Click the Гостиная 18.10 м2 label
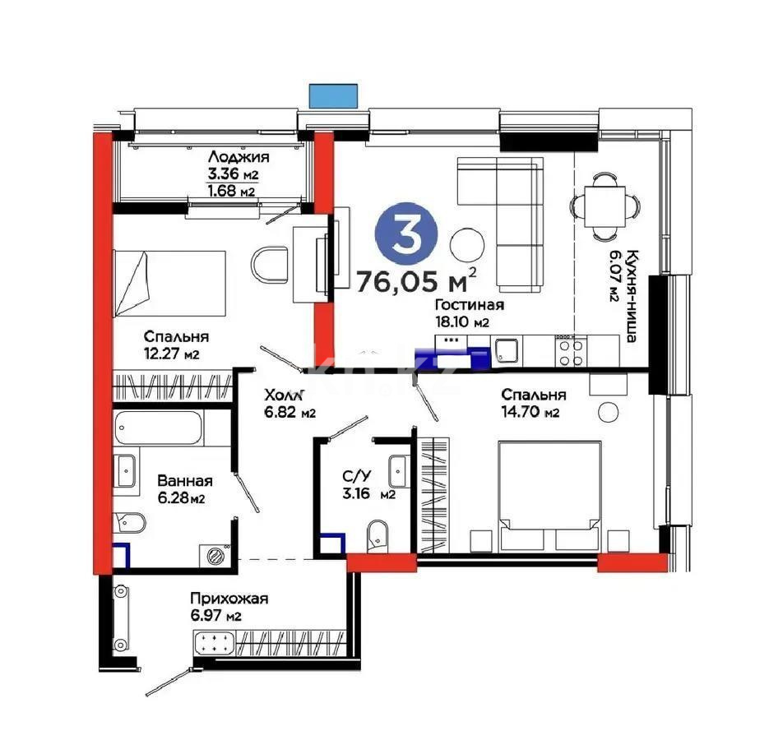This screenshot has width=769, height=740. tap(469, 312)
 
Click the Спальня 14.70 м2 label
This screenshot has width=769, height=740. tap(530, 403)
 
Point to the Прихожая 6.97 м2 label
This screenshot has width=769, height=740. tap(217, 607)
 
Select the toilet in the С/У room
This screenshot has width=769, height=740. tap(378, 532)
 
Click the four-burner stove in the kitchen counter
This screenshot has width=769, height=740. tap(571, 352)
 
